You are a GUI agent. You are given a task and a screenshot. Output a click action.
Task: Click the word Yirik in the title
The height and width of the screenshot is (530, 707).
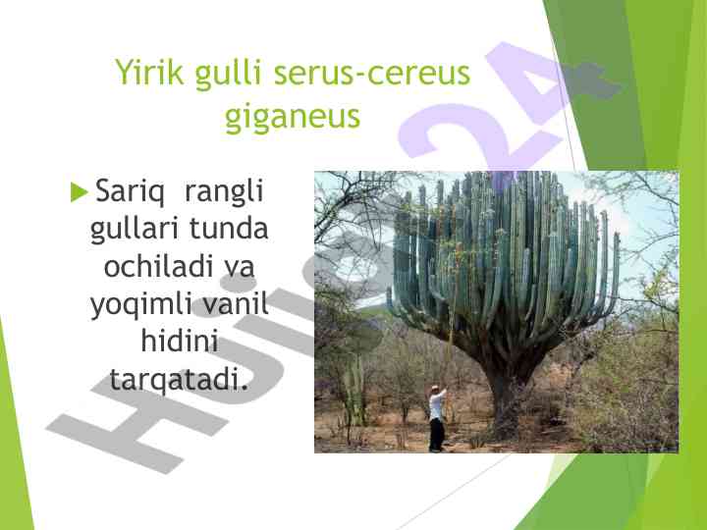(149, 72)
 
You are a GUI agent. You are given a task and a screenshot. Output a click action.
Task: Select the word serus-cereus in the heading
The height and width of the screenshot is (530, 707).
(372, 73)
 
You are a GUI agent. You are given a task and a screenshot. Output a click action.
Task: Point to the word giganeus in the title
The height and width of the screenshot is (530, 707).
(293, 116)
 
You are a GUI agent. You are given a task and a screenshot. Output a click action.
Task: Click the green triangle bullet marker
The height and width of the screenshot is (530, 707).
(79, 191)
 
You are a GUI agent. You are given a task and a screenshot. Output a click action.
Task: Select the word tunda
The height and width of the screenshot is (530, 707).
(229, 229)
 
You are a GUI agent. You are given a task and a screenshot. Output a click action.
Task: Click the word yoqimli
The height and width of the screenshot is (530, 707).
(141, 306)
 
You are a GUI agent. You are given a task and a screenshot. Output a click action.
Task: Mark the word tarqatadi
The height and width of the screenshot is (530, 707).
(179, 380)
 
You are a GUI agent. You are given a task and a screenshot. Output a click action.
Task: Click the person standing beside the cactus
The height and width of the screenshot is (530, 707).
(437, 419)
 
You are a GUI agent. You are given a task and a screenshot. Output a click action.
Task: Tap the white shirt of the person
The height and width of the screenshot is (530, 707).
(436, 404)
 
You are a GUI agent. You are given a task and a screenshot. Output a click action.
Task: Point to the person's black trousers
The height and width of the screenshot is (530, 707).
(436, 434)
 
